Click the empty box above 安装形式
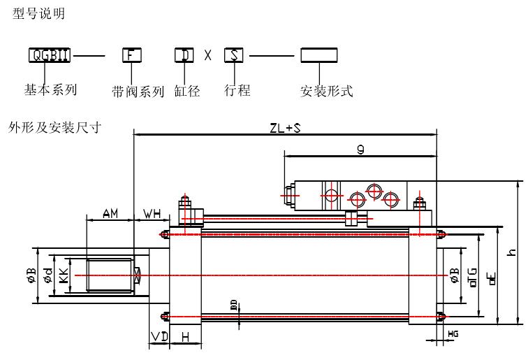(318, 55)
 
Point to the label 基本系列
(50, 89)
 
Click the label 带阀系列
(138, 91)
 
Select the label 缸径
(187, 91)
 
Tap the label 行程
(237, 90)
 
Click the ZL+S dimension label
(284, 128)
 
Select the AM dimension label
(110, 213)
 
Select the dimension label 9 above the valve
(358, 150)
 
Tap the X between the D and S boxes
(208, 55)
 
